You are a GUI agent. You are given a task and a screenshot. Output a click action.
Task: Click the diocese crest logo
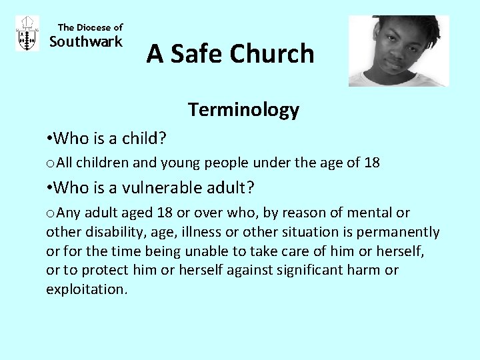coord(27,33)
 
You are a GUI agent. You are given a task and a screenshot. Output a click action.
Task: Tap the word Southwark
coord(86,42)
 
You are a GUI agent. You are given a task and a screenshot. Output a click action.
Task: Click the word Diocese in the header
coord(94,27)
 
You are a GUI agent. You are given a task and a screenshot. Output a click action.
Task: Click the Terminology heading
coord(243,109)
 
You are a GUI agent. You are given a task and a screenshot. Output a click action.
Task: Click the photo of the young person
coord(399,51)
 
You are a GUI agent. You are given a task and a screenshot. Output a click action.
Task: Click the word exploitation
coord(86,289)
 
